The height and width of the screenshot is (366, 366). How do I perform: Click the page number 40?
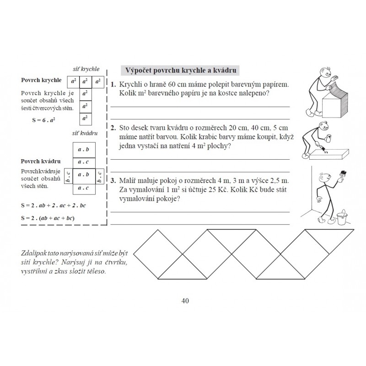tap(185, 301)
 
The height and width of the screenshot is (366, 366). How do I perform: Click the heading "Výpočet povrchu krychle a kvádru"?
tap(181, 70)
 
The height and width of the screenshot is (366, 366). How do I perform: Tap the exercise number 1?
tap(113, 85)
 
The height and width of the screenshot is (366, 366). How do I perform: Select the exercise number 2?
tap(113, 128)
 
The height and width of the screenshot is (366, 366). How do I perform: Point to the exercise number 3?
tap(113, 181)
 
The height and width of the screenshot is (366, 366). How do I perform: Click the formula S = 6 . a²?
tap(43, 120)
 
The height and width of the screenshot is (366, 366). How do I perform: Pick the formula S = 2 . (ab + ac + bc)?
tap(48, 218)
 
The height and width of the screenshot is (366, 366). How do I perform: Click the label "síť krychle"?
tap(86, 69)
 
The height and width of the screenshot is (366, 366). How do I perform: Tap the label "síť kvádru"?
tap(85, 133)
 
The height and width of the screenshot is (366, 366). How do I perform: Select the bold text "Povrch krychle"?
tap(41, 80)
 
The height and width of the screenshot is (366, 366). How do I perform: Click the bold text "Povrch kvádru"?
tap(41, 161)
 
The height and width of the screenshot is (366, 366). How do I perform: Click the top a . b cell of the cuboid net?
tap(84, 150)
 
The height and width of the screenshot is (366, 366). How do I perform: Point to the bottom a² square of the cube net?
tap(86, 119)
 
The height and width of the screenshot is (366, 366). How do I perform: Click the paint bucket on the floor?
tap(342, 218)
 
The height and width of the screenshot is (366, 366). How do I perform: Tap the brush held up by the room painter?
tap(343, 174)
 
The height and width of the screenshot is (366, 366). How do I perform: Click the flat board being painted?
tap(329, 154)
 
